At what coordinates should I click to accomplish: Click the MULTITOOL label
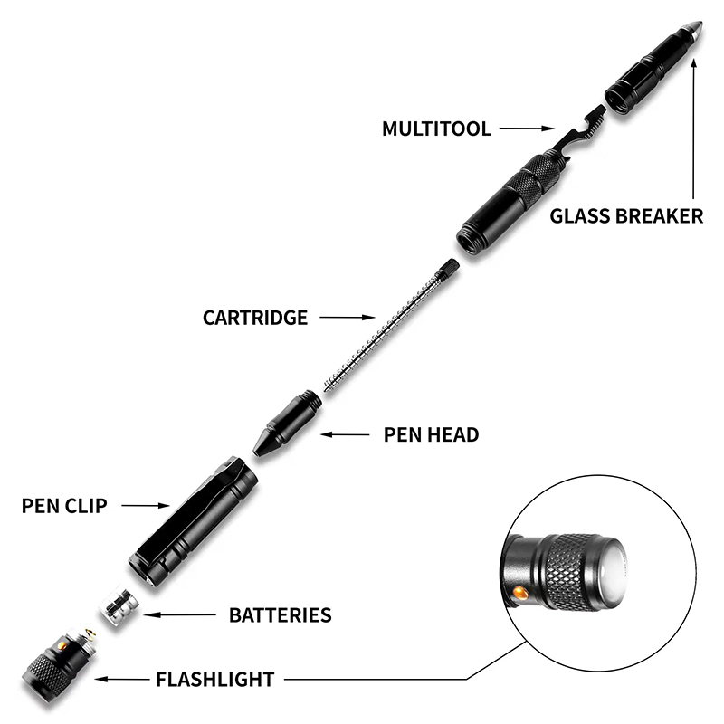click(x=436, y=129)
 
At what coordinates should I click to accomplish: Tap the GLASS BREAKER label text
click(x=626, y=215)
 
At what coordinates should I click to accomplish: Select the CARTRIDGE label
click(x=255, y=318)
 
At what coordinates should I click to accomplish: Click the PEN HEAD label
click(x=432, y=434)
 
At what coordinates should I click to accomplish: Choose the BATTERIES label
click(x=280, y=615)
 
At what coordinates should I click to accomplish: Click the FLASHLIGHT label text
click(x=215, y=678)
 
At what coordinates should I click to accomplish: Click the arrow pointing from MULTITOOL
click(x=525, y=129)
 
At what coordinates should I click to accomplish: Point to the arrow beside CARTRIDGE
click(x=348, y=318)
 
